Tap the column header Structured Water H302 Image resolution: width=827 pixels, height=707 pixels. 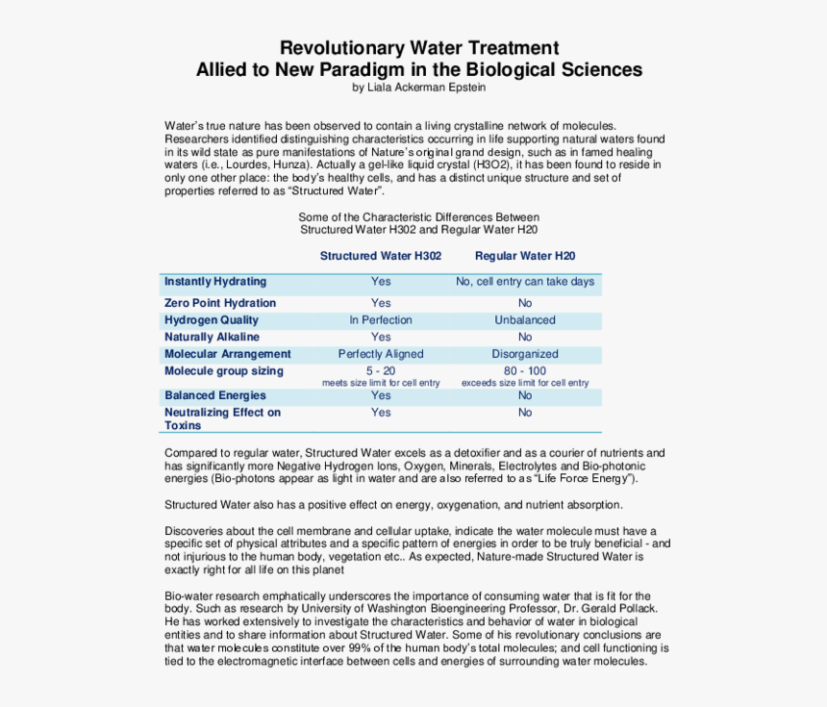pyautogui.click(x=381, y=256)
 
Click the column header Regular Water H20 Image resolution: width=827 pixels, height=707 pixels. pyautogui.click(x=525, y=256)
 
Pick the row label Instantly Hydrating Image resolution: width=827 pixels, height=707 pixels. pyautogui.click(x=215, y=282)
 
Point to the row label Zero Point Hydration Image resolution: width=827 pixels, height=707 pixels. pyautogui.click(x=220, y=303)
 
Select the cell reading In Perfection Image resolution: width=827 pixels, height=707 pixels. pyautogui.click(x=381, y=320)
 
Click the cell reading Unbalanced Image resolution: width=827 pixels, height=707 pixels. pyautogui.click(x=525, y=320)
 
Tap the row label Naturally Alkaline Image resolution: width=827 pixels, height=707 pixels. pyautogui.click(x=212, y=338)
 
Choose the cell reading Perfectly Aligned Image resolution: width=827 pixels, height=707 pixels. pyautogui.click(x=381, y=354)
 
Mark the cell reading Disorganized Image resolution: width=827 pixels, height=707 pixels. pyautogui.click(x=525, y=354)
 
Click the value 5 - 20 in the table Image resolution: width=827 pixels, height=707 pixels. pyautogui.click(x=381, y=371)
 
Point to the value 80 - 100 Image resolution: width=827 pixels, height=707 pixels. pyautogui.click(x=525, y=371)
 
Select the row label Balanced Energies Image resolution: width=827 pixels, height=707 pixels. pyautogui.click(x=215, y=395)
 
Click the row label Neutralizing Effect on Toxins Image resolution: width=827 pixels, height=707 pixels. pyautogui.click(x=222, y=418)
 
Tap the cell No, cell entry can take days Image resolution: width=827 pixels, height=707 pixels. pyautogui.click(x=525, y=282)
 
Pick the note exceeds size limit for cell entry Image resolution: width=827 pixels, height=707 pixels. pyautogui.click(x=525, y=383)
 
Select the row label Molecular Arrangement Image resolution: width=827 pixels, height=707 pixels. pyautogui.click(x=227, y=354)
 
